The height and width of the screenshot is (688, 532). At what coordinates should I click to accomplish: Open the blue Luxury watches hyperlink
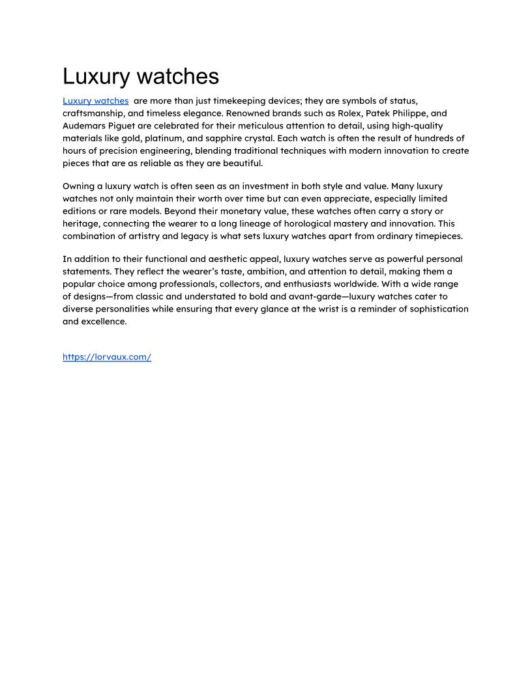tap(95, 101)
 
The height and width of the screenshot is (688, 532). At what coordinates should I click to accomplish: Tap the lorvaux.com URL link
tap(107, 357)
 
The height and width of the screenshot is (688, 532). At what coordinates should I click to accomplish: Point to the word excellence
tap(104, 321)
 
